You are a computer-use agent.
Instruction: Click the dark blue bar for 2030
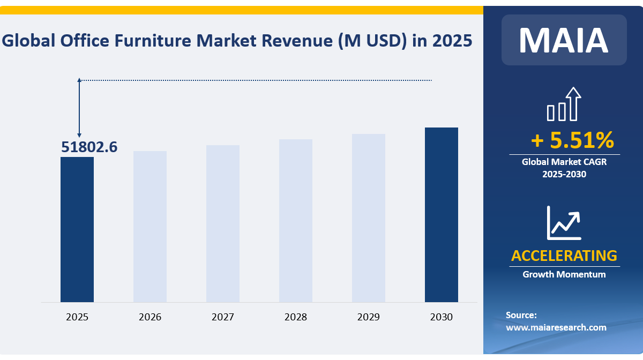(x=442, y=214)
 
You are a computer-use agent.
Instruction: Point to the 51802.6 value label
(x=89, y=147)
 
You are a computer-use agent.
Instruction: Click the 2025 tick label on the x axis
(x=77, y=317)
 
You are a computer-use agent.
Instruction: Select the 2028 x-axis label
(x=296, y=317)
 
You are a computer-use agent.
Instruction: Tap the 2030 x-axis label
(x=442, y=317)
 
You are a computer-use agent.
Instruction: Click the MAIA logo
(x=564, y=40)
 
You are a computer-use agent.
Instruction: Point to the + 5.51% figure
(x=572, y=140)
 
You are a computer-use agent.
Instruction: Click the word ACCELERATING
(x=564, y=256)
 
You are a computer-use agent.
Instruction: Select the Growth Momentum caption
(x=564, y=274)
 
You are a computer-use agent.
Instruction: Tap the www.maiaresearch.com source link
(x=556, y=327)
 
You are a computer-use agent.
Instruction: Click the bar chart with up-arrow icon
(x=564, y=104)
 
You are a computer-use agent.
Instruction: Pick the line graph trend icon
(x=564, y=222)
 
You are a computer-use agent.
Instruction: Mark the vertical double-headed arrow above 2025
(x=79, y=108)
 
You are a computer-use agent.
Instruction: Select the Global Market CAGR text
(x=564, y=161)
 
